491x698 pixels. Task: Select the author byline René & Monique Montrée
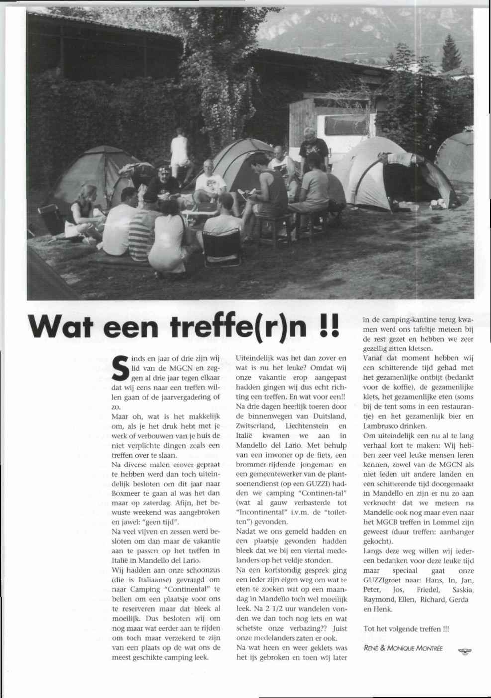403,648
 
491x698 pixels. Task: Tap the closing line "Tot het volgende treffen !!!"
406,629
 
